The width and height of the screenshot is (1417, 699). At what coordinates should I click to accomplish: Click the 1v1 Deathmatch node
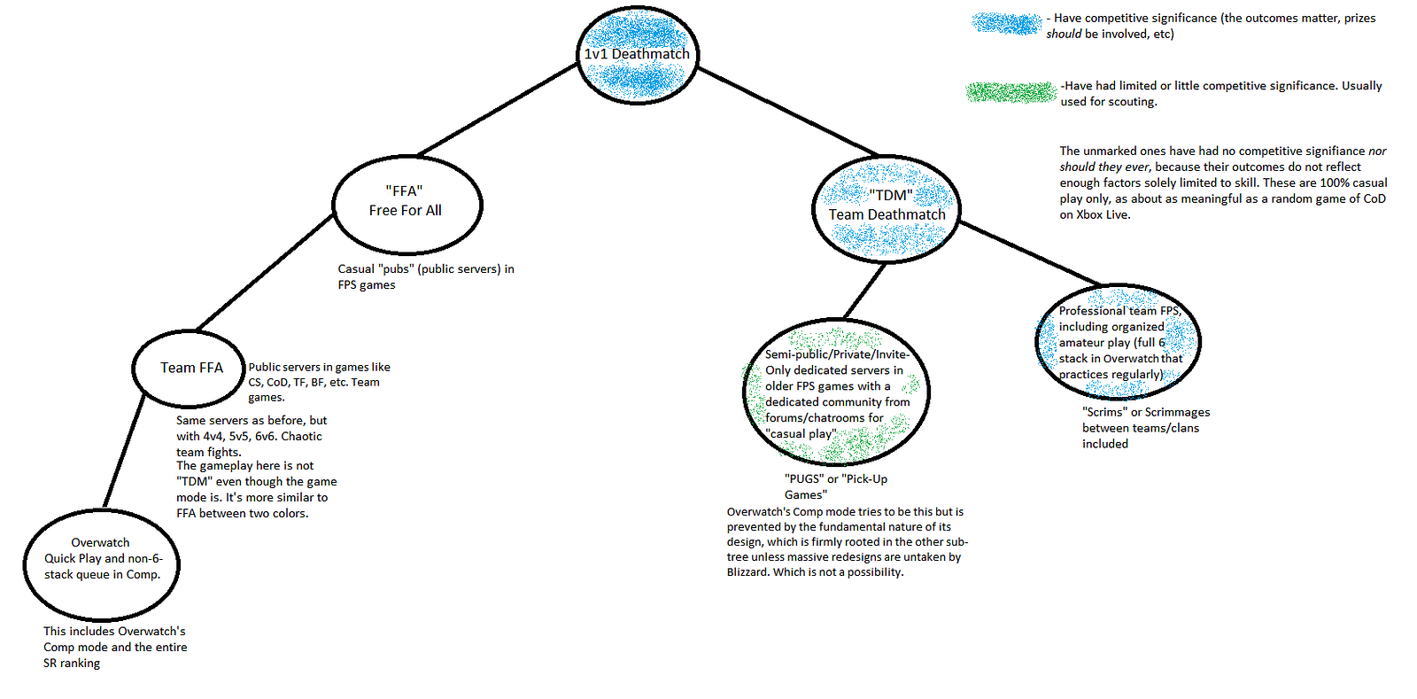[637, 54]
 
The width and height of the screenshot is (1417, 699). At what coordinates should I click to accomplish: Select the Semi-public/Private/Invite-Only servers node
[836, 392]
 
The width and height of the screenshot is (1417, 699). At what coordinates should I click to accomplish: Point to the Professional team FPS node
[1118, 342]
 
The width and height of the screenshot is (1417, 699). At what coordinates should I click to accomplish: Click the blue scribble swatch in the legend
[1006, 24]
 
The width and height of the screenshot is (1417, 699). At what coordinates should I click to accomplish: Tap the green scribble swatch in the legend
[1011, 92]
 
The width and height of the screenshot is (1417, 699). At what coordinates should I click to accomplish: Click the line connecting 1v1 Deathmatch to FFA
[498, 110]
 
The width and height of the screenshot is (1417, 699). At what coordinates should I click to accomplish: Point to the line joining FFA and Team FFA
[265, 273]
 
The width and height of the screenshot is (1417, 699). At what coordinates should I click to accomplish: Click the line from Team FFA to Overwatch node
[123, 453]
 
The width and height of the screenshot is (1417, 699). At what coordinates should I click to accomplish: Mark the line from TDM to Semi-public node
[864, 291]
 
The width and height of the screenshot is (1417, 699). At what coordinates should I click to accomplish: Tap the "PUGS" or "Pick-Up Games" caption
[835, 486]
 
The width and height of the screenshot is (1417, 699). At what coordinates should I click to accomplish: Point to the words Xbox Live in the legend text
[1103, 215]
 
